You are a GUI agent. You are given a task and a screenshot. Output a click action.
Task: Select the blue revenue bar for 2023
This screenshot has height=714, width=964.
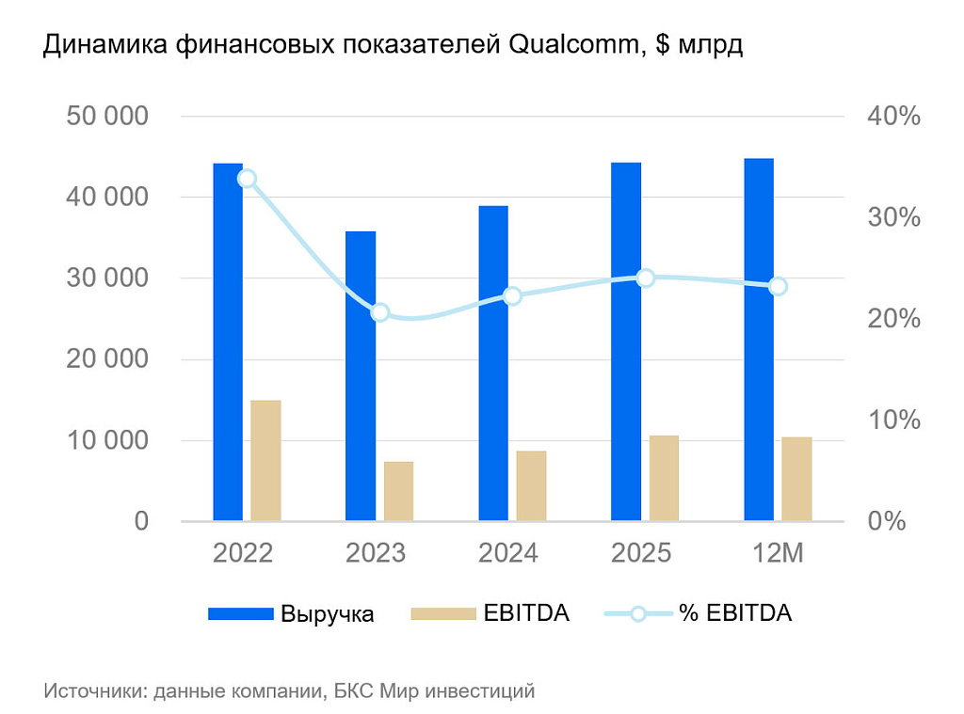pyautogui.click(x=361, y=375)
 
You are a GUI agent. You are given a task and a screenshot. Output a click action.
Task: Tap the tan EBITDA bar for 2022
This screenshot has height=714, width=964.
pyautogui.click(x=265, y=460)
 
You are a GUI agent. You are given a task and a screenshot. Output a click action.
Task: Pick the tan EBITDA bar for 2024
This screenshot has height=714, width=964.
pyautogui.click(x=531, y=485)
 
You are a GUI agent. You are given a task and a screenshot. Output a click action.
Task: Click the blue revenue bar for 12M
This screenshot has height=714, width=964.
pyautogui.click(x=759, y=339)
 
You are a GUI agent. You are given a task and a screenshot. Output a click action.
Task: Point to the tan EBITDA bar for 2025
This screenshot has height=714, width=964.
pyautogui.click(x=664, y=478)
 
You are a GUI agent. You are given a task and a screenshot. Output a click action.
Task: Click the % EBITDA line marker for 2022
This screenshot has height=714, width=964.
pyautogui.click(x=247, y=179)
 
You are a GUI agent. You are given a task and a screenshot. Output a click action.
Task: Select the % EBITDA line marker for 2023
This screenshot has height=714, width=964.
pyautogui.click(x=380, y=312)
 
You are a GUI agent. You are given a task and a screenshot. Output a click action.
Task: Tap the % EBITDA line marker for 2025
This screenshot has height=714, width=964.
pyautogui.click(x=646, y=278)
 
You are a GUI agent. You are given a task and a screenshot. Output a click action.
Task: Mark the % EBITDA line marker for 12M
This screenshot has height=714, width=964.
pyautogui.click(x=778, y=286)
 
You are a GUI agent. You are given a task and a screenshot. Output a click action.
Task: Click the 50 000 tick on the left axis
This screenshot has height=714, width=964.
pyautogui.click(x=107, y=117)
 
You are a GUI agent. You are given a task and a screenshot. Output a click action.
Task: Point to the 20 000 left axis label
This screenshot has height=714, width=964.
pyautogui.click(x=107, y=359)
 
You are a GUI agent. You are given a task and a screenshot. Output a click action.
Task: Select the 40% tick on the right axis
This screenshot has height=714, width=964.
pyautogui.click(x=891, y=117)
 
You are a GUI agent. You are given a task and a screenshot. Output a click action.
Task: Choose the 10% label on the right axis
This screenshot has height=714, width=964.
pyautogui.click(x=891, y=420)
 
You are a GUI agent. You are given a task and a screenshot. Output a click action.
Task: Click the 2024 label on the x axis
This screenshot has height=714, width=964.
pyautogui.click(x=508, y=552)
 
